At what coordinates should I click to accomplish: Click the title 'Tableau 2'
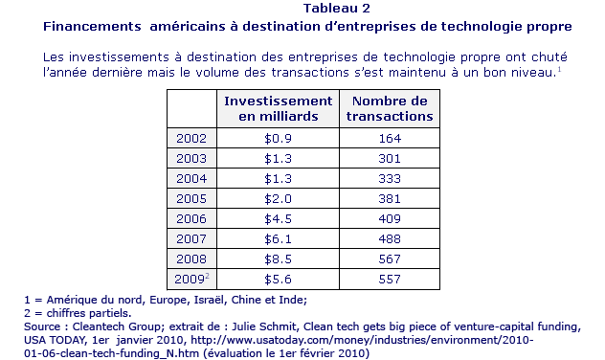click(336, 8)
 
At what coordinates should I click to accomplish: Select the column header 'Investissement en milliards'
click(279, 108)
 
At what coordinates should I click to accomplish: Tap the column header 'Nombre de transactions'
click(390, 108)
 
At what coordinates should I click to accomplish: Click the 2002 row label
click(191, 138)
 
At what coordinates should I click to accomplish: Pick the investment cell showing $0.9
click(278, 138)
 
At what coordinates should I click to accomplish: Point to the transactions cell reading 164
click(390, 138)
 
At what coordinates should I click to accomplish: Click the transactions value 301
click(390, 158)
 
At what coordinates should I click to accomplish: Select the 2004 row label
click(191, 178)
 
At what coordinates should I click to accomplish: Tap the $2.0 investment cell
click(278, 198)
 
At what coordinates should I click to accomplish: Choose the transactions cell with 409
click(390, 218)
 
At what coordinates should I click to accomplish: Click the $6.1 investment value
click(278, 238)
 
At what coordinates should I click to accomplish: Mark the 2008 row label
click(191, 259)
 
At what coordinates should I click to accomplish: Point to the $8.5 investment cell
click(278, 259)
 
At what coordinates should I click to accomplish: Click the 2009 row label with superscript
click(191, 279)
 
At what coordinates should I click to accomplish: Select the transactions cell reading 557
click(390, 279)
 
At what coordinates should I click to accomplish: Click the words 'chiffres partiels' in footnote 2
click(89, 313)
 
